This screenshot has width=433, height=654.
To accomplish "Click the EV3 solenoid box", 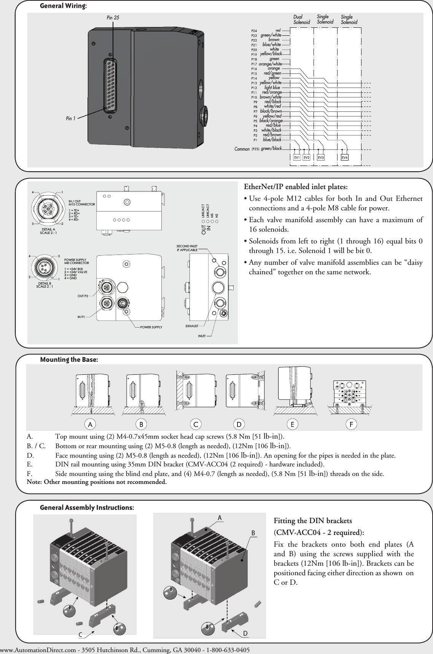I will pos(321,158).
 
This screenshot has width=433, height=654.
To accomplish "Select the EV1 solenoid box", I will pos(297,158).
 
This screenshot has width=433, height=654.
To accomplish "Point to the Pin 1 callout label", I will pos(71,119).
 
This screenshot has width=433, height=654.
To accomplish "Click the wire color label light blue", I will pos(272,88).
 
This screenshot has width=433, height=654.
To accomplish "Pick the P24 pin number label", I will pos(254,30).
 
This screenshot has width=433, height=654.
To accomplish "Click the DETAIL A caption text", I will pos(48,229).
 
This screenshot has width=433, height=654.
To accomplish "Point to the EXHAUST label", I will pos(192,326).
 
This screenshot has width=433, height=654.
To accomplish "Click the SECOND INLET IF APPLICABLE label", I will pos(187,248).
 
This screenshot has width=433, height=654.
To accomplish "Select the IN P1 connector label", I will pos(81,317).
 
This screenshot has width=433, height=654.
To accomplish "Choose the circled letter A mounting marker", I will pos(90,424).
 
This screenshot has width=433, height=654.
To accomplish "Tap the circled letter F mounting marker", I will pos(352,424).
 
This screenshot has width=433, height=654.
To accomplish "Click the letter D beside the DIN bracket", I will pos(245,633).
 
